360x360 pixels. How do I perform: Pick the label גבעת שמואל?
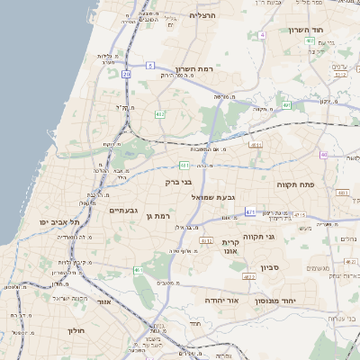(213, 196)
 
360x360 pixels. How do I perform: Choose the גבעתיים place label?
(123, 210)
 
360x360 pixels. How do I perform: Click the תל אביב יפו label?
(60, 221)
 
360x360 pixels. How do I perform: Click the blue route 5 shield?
(151, 65)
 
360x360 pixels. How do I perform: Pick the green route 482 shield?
(159, 113)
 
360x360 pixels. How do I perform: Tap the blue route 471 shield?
(250, 212)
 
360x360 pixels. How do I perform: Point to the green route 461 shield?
(139, 270)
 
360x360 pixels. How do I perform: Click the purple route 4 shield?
(262, 35)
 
